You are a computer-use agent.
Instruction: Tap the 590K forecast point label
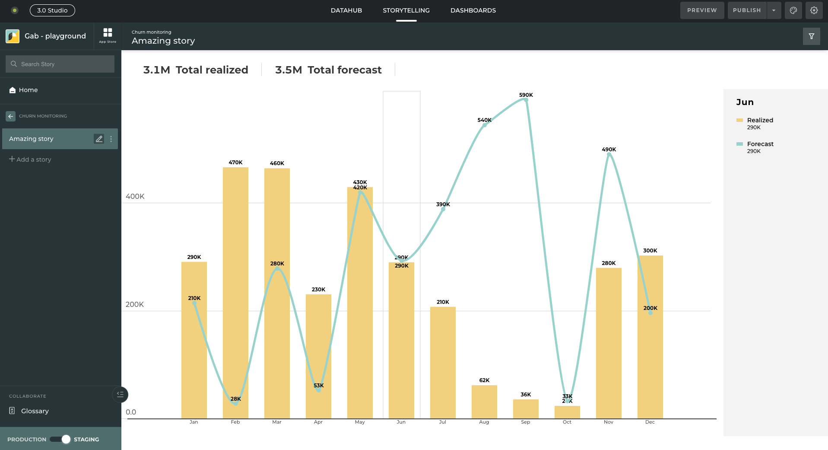point(526,95)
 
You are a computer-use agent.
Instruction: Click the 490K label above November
point(609,150)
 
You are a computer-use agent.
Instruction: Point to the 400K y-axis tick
point(135,197)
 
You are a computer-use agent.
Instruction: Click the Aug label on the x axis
point(484,422)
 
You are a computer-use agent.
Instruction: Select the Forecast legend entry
point(760,144)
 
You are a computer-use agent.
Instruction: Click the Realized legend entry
point(760,120)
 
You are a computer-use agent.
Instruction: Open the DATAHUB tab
point(346,10)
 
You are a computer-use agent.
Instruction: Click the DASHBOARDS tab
point(473,10)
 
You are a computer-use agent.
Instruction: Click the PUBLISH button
point(747,10)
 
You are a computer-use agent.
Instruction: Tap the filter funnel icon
point(811,36)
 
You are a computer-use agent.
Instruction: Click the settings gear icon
point(814,10)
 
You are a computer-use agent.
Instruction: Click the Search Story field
point(60,64)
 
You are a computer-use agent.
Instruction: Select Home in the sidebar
point(28,90)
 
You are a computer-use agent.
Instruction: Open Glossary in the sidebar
point(35,411)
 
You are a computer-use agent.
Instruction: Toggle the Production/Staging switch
point(60,439)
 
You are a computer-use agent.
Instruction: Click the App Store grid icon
point(108,35)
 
